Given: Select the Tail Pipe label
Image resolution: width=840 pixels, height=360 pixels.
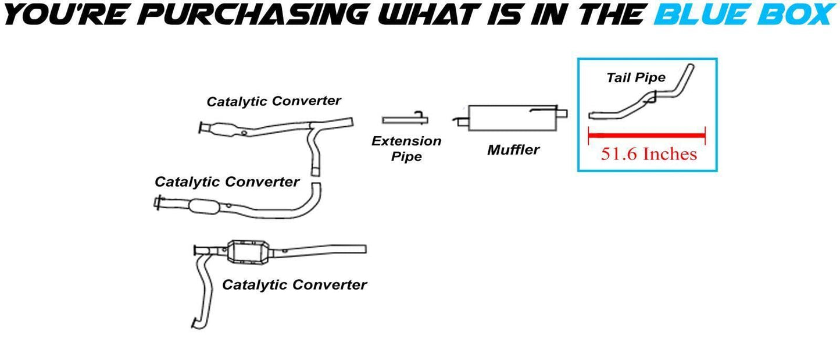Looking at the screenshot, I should tap(635, 77).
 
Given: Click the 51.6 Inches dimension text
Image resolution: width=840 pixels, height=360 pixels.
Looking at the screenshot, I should tap(648, 154).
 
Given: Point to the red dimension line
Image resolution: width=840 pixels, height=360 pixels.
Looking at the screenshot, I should tap(646, 135).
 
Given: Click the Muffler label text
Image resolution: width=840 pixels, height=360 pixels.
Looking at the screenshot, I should tap(513, 150).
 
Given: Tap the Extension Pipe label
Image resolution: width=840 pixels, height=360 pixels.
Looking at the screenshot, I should tap(406, 148).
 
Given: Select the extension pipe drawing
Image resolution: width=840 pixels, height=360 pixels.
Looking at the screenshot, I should tap(405, 119).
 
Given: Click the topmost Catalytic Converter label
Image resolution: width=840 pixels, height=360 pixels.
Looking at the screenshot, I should tap(273, 101).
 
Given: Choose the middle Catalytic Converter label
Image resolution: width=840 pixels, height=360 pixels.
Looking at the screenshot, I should tap(227, 182).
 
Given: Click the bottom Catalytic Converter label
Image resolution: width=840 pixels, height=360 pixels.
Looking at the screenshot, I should tap(294, 285).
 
